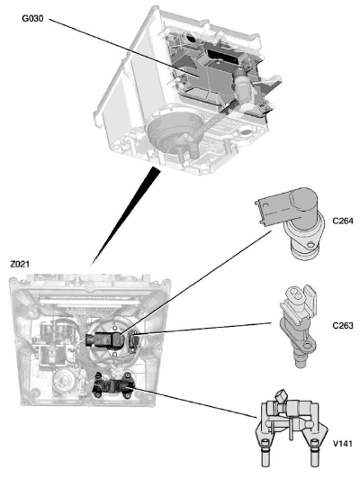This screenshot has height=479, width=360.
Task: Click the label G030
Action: [32, 19]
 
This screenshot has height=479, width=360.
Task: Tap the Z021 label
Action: [20, 264]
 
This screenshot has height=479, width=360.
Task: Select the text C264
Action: [343, 221]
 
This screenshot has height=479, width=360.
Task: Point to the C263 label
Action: [343, 326]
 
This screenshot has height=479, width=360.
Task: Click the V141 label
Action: [342, 443]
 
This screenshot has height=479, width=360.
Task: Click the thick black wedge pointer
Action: [126, 215]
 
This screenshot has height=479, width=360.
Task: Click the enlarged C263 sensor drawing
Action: [299, 325]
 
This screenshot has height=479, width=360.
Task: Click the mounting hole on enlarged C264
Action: [310, 245]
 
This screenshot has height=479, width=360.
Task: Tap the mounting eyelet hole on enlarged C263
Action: [308, 346]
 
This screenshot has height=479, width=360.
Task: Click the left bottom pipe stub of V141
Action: [265, 454]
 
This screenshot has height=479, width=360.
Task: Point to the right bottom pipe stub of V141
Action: [315, 454]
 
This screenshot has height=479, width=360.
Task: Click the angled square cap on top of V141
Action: [281, 396]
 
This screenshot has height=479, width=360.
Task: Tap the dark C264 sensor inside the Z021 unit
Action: [104, 339]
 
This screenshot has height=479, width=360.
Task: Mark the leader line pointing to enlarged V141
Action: [194, 402]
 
